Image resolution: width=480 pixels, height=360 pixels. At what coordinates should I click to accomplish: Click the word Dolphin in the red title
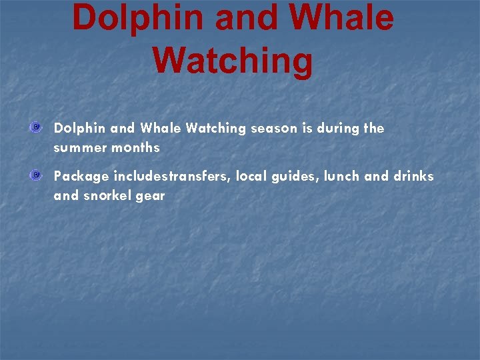click(137, 18)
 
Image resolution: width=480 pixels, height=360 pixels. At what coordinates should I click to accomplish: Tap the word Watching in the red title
click(233, 61)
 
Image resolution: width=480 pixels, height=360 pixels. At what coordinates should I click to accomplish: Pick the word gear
click(151, 197)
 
